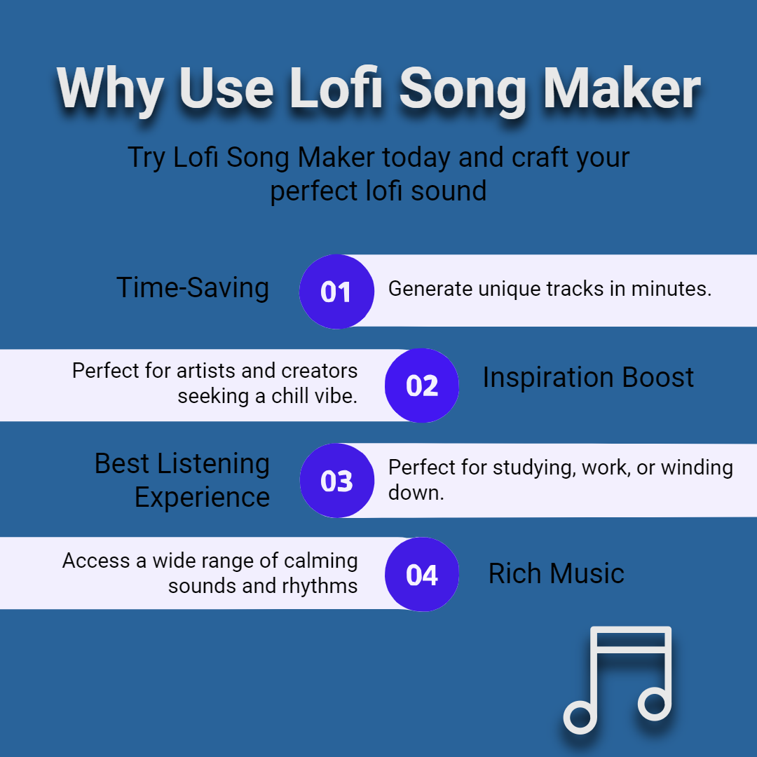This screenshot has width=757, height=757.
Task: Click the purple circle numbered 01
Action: pos(336,292)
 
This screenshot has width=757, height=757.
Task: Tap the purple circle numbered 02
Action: pos(421,386)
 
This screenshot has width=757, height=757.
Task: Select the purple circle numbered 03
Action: pos(337,480)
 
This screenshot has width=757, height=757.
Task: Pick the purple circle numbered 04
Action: pos(421,574)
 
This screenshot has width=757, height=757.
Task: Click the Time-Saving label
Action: pos(193,288)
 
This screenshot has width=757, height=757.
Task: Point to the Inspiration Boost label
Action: pos(588,377)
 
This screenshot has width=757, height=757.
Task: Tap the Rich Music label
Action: pos(556,573)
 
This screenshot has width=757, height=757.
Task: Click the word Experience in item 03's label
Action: pos(202,497)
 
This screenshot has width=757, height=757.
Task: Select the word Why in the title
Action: pos(110,90)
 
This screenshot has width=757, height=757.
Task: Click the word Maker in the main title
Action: pos(622,88)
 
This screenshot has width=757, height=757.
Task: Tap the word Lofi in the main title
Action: pos(336,88)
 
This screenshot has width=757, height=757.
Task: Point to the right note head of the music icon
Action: pos(655,702)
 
